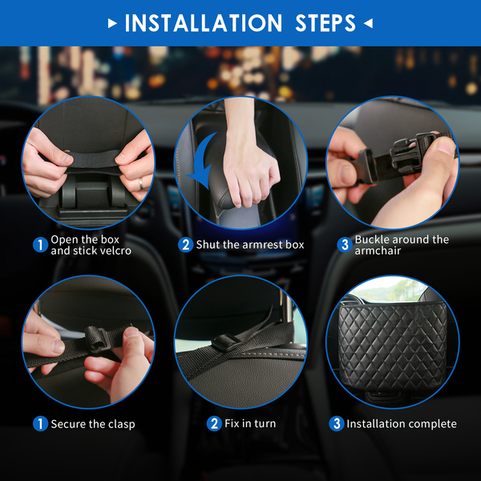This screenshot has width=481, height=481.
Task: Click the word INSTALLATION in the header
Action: tap(203, 23)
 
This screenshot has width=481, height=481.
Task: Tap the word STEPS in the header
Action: tap(325, 23)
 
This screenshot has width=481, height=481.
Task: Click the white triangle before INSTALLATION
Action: tap(112, 23)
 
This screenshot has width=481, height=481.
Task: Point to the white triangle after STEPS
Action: tap(368, 23)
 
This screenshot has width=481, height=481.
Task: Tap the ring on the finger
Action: tap(141, 184)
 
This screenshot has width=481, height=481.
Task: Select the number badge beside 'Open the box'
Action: tap(40, 245)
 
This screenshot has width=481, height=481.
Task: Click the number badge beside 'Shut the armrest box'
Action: tap(185, 245)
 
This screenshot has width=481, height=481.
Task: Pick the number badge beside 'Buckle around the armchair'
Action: tap(345, 245)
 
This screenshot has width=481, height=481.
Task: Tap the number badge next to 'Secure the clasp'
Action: tap(40, 423)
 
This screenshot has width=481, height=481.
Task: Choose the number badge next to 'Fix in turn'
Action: tap(214, 423)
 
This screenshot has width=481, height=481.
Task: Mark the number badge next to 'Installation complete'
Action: tap(337, 423)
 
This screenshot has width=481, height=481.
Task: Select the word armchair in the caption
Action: tap(378, 251)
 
